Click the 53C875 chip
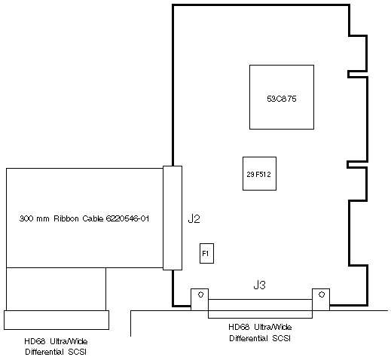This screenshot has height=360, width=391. [x=282, y=97]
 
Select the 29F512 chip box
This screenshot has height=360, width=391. [x=259, y=174]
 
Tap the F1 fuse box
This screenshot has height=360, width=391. [x=206, y=253]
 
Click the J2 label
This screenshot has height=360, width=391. [x=194, y=219]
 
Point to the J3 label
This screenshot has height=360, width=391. [x=259, y=285]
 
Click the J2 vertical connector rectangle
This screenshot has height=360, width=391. [x=173, y=218]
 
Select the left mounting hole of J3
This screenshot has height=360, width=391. [x=200, y=294]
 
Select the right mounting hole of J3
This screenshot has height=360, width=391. [x=322, y=294]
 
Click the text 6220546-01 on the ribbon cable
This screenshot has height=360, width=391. [x=127, y=218]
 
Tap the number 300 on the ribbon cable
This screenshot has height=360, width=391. [x=26, y=218]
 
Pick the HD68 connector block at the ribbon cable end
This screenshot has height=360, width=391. [x=57, y=320]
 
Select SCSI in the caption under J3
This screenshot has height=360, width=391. [x=281, y=338]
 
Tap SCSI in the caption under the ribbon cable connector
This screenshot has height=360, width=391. [x=77, y=352]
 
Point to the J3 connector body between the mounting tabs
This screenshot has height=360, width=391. [x=260, y=309]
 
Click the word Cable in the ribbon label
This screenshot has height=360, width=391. [x=93, y=218]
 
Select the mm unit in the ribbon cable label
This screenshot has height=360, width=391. [x=43, y=219]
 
